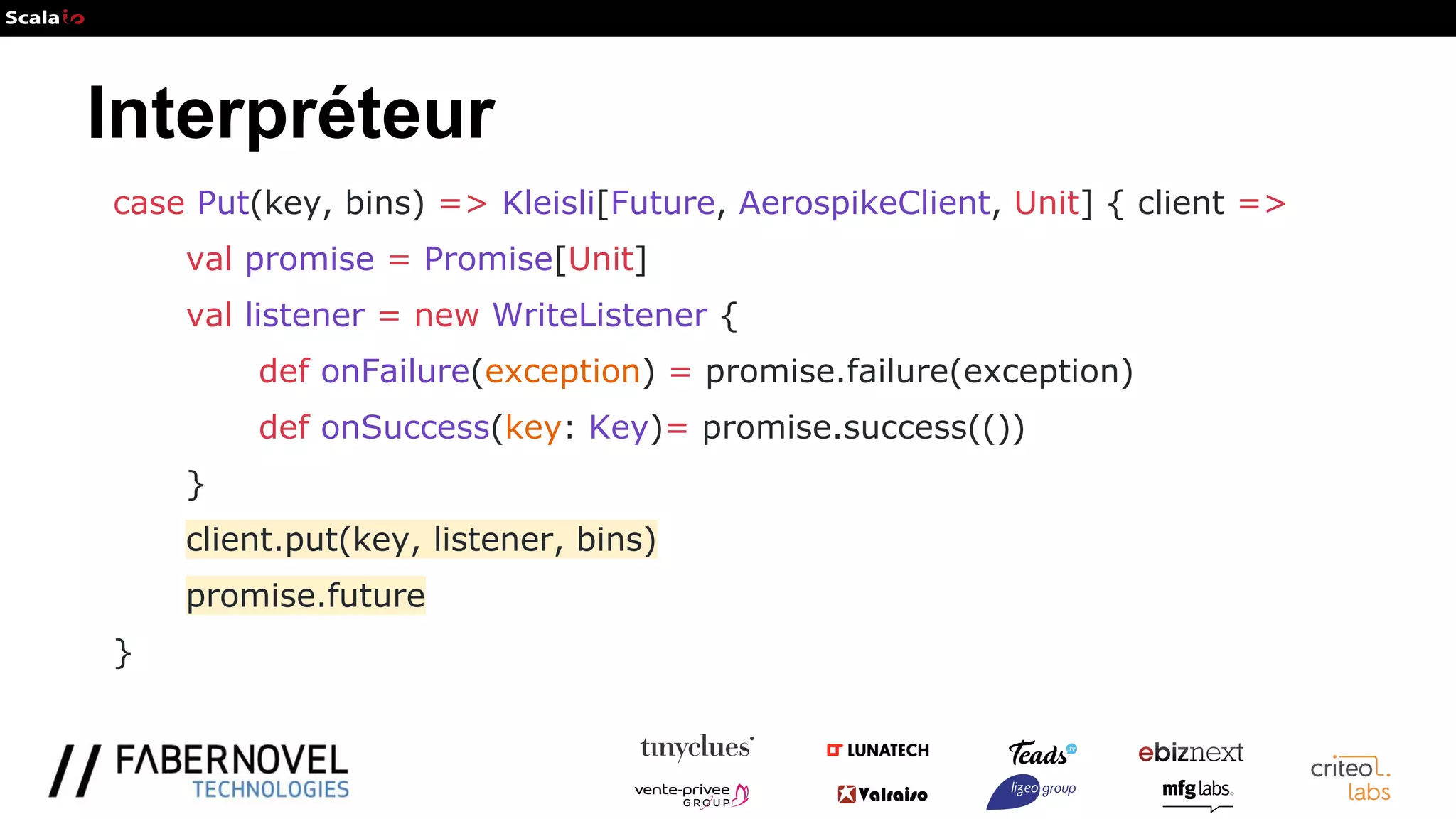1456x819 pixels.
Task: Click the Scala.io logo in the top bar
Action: click(44, 18)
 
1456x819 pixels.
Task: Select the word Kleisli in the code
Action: click(548, 203)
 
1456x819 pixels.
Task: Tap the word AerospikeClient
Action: click(864, 203)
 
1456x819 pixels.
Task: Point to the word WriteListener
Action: click(599, 315)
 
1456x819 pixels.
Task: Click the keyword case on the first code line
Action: click(149, 203)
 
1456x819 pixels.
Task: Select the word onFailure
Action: click(395, 371)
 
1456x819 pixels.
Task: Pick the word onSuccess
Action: click(405, 427)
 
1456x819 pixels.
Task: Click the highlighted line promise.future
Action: click(305, 596)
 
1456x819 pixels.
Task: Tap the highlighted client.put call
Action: click(421, 540)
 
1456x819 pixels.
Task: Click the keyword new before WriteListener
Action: click(446, 315)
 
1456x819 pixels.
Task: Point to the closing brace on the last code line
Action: click(122, 653)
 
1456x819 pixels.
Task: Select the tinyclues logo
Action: click(696, 747)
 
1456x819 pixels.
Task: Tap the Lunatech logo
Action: click(878, 750)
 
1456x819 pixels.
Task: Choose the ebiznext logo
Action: click(1190, 752)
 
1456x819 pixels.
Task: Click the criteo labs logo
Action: click(1350, 778)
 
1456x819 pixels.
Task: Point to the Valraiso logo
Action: click(882, 794)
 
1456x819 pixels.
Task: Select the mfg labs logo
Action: click(1197, 791)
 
